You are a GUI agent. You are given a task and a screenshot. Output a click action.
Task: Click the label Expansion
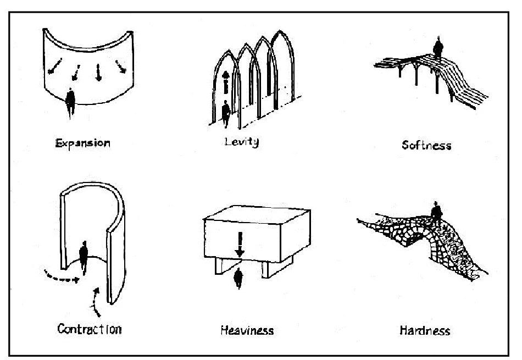[82, 143]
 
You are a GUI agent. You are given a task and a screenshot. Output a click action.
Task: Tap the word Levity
[241, 141]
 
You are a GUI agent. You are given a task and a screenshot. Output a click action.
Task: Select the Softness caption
[426, 145]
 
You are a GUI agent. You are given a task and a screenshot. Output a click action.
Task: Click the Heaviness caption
[247, 331]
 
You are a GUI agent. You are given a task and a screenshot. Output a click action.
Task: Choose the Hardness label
[425, 330]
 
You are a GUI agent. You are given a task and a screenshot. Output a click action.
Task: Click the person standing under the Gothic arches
[225, 113]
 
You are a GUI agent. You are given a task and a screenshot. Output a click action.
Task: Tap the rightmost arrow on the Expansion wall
[119, 67]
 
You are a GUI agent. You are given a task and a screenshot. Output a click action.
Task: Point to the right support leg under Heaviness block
[266, 269]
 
